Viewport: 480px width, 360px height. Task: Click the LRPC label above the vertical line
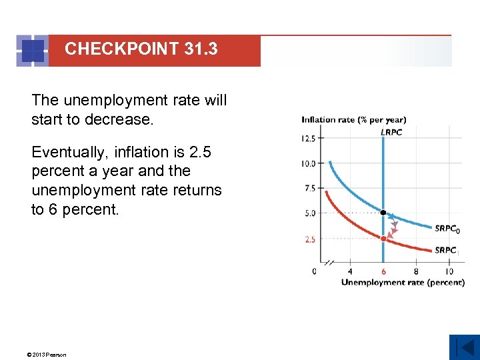[x=391, y=132]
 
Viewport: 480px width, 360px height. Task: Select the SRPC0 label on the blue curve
[x=447, y=229]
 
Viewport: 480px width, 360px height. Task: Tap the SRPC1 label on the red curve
[x=447, y=251]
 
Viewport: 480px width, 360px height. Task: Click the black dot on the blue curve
[x=383, y=213]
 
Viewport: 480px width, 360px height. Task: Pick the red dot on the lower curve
[x=383, y=238]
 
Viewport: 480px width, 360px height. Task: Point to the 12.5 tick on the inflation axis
[x=309, y=139]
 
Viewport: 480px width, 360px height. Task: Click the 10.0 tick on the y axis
[x=309, y=163]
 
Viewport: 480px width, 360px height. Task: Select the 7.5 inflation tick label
[x=310, y=189]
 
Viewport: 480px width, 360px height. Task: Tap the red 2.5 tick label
[x=310, y=239]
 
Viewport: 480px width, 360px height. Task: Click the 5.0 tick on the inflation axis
[x=310, y=214]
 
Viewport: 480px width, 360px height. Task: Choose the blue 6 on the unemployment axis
[x=383, y=271]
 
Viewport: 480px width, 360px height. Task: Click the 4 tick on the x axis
[x=351, y=271]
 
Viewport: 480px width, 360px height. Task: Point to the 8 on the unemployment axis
[x=416, y=271]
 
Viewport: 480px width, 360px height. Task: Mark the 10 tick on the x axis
[x=449, y=271]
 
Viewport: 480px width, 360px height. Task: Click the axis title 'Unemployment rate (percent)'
[x=402, y=283]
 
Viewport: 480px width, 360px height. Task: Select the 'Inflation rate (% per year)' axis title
[x=353, y=120]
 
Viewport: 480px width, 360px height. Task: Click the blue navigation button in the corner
[x=464, y=347]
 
